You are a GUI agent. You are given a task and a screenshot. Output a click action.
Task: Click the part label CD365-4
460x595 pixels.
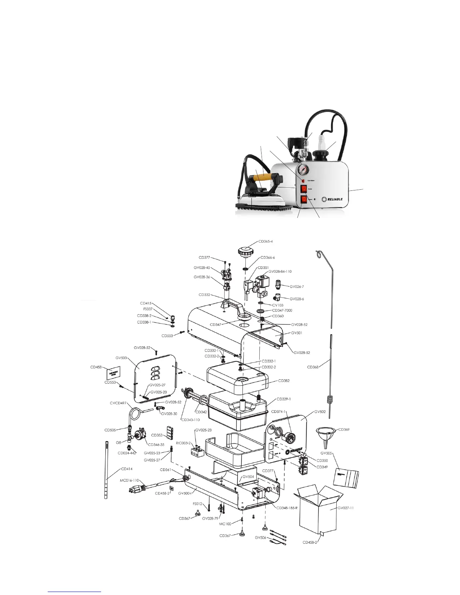(265, 242)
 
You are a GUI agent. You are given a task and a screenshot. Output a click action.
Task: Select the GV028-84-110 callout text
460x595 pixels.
(280, 271)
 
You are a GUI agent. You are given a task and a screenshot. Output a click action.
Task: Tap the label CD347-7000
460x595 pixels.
(282, 310)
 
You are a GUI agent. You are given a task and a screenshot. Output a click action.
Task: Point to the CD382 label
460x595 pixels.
(284, 381)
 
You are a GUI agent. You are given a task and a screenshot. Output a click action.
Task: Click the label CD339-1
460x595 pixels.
(283, 399)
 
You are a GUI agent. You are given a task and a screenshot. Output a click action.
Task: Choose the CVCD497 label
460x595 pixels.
(118, 403)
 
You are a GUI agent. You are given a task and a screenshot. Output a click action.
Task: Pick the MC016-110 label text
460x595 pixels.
(129, 480)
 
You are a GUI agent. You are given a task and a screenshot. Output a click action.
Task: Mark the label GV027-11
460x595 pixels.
(345, 508)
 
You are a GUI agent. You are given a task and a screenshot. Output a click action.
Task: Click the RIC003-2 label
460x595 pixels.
(183, 443)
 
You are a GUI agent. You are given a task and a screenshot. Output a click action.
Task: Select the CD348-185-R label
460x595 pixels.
(287, 508)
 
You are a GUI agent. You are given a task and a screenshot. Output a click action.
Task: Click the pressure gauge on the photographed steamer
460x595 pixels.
(304, 169)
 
